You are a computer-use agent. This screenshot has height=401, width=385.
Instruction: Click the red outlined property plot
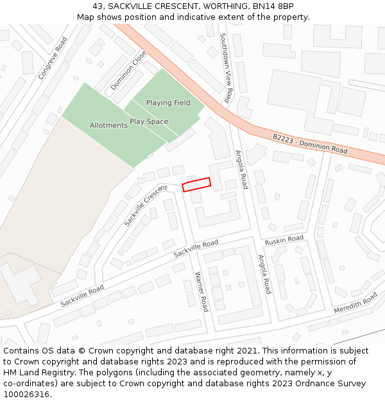(x=196, y=184)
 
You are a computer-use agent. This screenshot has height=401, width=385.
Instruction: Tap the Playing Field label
(x=168, y=103)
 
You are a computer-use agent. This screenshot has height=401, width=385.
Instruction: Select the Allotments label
(x=108, y=125)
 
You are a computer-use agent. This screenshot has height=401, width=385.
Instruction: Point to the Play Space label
(x=149, y=121)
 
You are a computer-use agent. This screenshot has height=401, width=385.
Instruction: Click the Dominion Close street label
(x=128, y=71)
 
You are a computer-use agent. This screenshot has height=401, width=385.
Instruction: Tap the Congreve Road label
(x=53, y=58)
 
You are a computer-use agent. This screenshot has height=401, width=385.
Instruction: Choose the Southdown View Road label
(x=226, y=68)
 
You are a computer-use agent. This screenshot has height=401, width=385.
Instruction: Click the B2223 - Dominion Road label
(x=310, y=143)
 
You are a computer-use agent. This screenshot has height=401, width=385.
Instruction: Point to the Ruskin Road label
(x=284, y=239)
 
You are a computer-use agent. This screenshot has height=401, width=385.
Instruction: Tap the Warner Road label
(x=201, y=291)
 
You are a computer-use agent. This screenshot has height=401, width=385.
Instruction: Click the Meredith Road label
(x=355, y=303)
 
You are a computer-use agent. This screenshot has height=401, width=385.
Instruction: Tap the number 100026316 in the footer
(x=26, y=394)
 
